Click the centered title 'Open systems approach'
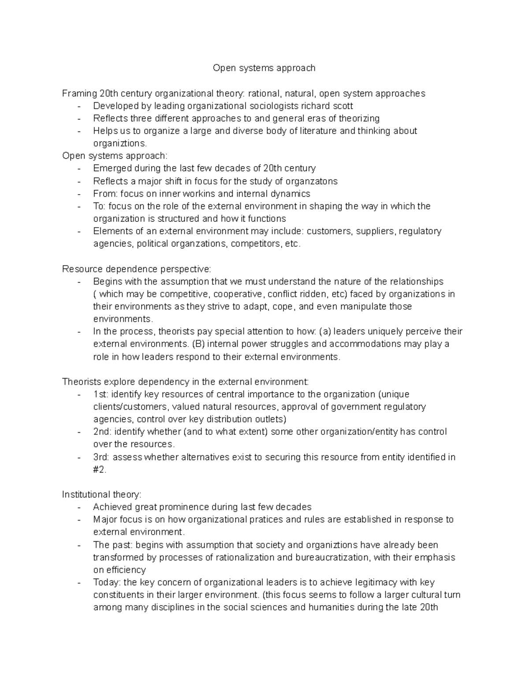[x=264, y=68]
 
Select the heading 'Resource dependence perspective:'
[x=137, y=269]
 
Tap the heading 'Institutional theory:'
[x=102, y=494]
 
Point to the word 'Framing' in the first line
[x=79, y=94]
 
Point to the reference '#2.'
[x=100, y=470]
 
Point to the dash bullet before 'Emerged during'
[x=79, y=168]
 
